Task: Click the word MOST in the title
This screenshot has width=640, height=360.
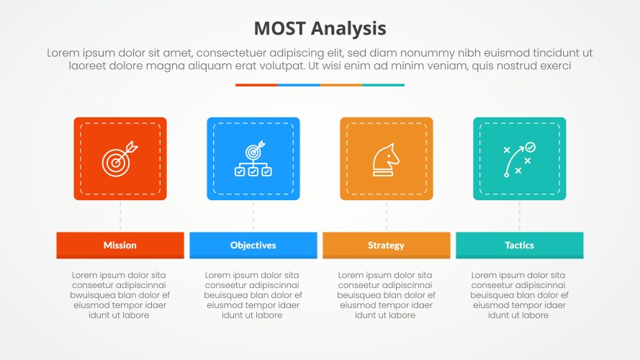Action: click(x=281, y=28)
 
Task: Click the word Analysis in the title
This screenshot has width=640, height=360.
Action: click(x=351, y=29)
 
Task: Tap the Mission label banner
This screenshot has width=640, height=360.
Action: click(x=120, y=245)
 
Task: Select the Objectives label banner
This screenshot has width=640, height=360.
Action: click(x=253, y=245)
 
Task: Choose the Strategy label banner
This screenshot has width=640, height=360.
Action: click(x=387, y=245)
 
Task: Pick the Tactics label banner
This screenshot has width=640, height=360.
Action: click(x=520, y=245)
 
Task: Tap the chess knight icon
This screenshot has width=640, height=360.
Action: click(x=386, y=158)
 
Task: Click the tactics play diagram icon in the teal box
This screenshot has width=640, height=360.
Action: click(x=519, y=159)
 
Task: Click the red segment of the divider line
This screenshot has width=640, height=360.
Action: click(x=256, y=85)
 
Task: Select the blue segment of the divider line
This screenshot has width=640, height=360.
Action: click(x=299, y=85)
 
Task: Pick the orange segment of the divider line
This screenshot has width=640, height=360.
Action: click(x=341, y=85)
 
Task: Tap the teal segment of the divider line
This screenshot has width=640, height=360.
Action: click(x=383, y=85)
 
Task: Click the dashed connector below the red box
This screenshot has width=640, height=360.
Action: click(x=120, y=216)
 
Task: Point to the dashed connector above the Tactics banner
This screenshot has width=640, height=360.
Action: click(x=520, y=216)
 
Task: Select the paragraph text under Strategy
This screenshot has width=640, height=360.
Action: click(x=386, y=295)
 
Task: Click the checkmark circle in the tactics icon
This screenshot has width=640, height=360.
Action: click(x=531, y=147)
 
